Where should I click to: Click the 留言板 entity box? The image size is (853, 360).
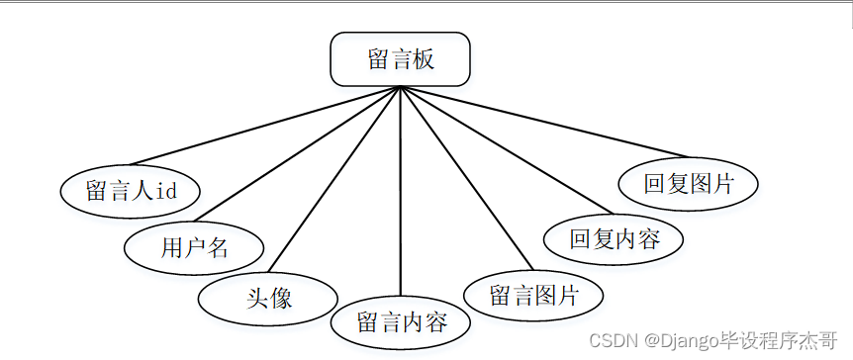(x=400, y=59)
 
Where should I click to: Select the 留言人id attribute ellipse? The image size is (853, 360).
(x=131, y=191)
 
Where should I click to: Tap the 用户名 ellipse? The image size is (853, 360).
(x=194, y=247)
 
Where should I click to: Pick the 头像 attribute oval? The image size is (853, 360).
(x=268, y=297)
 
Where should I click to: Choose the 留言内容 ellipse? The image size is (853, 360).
(x=401, y=322)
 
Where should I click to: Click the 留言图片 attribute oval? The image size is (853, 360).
(x=533, y=295)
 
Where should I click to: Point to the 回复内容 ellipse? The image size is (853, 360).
(x=614, y=239)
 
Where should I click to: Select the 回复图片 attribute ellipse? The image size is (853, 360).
(x=688, y=184)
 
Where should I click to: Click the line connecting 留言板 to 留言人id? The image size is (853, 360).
(x=265, y=126)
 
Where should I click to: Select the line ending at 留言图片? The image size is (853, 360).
(x=465, y=178)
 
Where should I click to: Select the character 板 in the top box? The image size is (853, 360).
(x=424, y=59)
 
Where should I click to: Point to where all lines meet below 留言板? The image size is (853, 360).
(x=400, y=88)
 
